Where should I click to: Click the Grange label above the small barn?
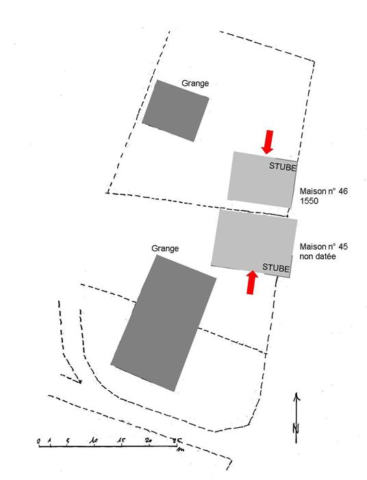pyautogui.click(x=195, y=83)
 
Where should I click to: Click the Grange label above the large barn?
pyautogui.click(x=165, y=248)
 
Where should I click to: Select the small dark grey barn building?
pyautogui.click(x=176, y=111)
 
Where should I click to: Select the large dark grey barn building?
pyautogui.click(x=164, y=323)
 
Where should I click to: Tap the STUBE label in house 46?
pyautogui.click(x=283, y=167)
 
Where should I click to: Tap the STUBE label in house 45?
pyautogui.click(x=276, y=267)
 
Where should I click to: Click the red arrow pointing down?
pyautogui.click(x=268, y=142)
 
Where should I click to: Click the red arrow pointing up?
pyautogui.click(x=252, y=283)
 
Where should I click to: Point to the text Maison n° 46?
pyautogui.click(x=324, y=191)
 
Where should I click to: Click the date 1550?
pyautogui.click(x=309, y=201)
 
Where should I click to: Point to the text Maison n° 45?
pyautogui.click(x=324, y=247)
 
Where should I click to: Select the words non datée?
pyautogui.click(x=318, y=256)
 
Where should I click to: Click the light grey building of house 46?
pyautogui.click(x=262, y=180)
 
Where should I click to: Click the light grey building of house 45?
pyautogui.click(x=254, y=243)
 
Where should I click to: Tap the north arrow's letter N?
pyautogui.click(x=296, y=428)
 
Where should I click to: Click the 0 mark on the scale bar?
pyautogui.click(x=38, y=442)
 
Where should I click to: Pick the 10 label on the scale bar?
pyautogui.click(x=94, y=441)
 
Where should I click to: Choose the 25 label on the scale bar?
pyautogui.click(x=177, y=441)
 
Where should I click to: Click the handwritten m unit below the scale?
pyautogui.click(x=180, y=450)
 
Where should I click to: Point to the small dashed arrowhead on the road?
pyautogui.click(x=79, y=381)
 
